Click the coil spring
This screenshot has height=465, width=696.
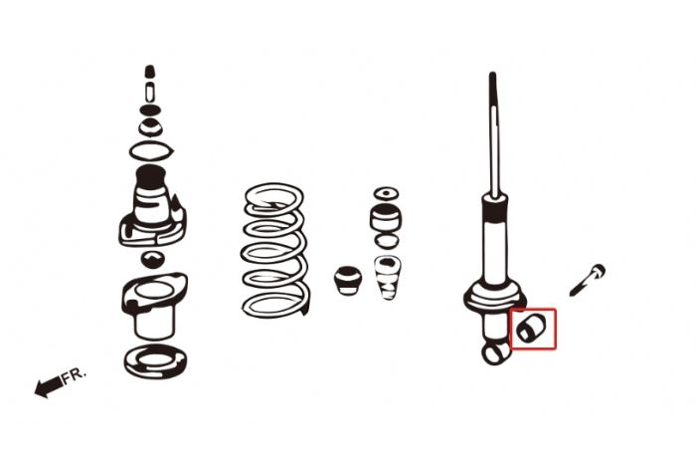coord(274,250)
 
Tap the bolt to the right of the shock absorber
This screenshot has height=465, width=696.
coord(588,280)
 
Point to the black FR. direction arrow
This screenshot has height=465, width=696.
coord(49,386)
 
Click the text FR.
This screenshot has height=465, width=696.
coord(74,374)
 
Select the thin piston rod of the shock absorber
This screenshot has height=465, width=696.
coord(493,133)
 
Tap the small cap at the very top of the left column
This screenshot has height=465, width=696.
coord(150,71)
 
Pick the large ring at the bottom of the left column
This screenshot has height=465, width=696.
coord(155,361)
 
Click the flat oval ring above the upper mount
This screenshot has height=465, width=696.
coord(151,151)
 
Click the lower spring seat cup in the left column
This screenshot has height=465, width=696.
coord(153,306)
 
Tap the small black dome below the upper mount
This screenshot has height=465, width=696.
coord(153,259)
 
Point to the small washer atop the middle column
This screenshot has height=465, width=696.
coord(386,193)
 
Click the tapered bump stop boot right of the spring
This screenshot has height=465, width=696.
coord(387,278)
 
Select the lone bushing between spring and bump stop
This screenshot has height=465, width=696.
coord(348,280)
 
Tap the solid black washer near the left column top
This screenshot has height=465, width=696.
coord(150,110)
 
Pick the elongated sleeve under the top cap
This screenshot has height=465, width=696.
coord(150,92)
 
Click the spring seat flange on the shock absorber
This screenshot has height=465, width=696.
coord(494,296)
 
